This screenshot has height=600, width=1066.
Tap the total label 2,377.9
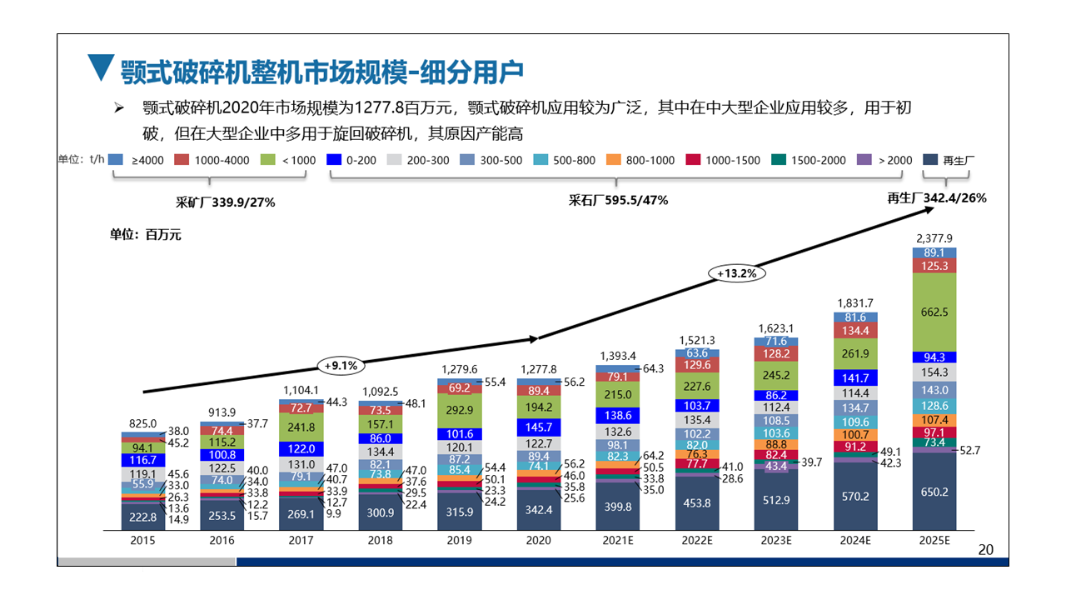click(934, 237)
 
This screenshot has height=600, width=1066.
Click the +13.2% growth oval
click(736, 272)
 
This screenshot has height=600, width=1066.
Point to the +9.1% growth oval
click(341, 365)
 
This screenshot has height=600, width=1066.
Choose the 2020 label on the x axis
click(539, 541)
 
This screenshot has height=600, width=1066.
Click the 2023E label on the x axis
click(775, 541)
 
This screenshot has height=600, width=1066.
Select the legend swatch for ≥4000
click(117, 159)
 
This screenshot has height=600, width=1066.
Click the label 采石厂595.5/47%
click(618, 200)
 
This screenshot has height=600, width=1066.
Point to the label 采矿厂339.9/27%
click(225, 202)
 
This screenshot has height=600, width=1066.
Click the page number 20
click(986, 549)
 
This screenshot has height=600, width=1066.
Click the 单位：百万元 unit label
click(146, 235)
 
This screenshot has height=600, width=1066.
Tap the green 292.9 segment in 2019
click(460, 410)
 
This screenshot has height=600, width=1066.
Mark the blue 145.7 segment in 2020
click(539, 427)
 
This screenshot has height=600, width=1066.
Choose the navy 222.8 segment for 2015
click(143, 517)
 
